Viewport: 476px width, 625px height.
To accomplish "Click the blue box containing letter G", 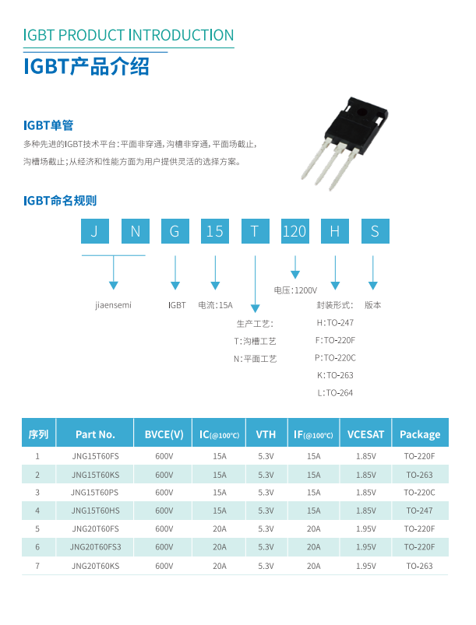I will [x=175, y=231].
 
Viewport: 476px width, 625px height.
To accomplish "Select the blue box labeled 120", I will [x=294, y=231].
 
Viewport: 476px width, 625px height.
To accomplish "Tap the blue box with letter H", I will [x=334, y=231].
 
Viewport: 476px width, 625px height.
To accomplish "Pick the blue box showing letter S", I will [x=375, y=231].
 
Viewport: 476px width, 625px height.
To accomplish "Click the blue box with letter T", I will [x=255, y=231].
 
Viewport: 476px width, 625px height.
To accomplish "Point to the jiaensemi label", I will [x=113, y=305].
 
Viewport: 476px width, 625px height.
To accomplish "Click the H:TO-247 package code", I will [x=335, y=322].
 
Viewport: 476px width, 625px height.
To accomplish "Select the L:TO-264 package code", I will [x=335, y=393].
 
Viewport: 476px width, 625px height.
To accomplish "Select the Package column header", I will [x=420, y=434].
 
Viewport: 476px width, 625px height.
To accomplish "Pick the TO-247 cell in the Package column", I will [x=419, y=511].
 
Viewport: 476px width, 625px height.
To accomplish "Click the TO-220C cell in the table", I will [x=419, y=492].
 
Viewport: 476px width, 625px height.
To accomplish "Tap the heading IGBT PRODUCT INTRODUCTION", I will [x=129, y=35].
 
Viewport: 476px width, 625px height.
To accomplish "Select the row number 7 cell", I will [x=37, y=566].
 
